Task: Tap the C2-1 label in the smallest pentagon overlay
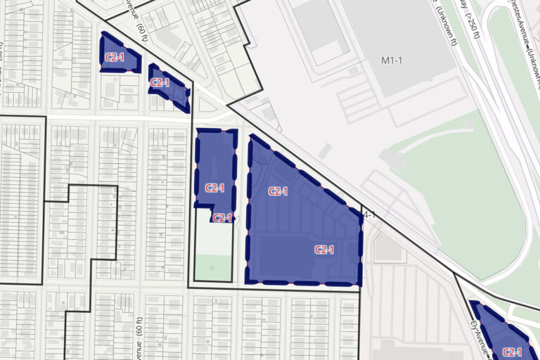tap(115, 57)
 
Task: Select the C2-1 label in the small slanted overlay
tap(160, 82)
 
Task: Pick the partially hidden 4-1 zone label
tap(366, 214)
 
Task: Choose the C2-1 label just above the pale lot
tap(222, 218)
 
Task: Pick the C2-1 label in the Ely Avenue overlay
tap(512, 352)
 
